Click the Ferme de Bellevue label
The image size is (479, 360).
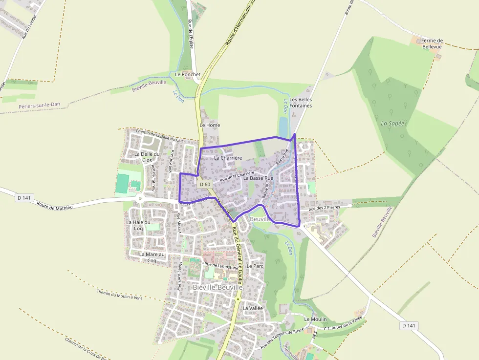coord(432,43)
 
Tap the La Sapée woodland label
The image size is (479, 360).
coord(392,123)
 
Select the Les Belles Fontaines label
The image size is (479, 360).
coord(301,102)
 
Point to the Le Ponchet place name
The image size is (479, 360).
coord(188,74)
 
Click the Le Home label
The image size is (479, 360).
coord(210,125)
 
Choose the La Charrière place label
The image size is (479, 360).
coord(228,158)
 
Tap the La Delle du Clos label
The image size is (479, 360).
coord(147,157)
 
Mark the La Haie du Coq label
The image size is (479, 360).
coord(138,225)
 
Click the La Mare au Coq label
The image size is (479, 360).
coord(152,257)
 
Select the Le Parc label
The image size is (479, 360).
coord(255,266)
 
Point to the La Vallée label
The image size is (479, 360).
coord(253,308)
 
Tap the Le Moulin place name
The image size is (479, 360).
coord(315,319)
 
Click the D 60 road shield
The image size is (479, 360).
coord(205,184)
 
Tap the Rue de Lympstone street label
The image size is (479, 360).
coord(221,266)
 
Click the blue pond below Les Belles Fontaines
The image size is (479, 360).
coord(283,128)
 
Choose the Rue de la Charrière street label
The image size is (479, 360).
coord(237,176)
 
